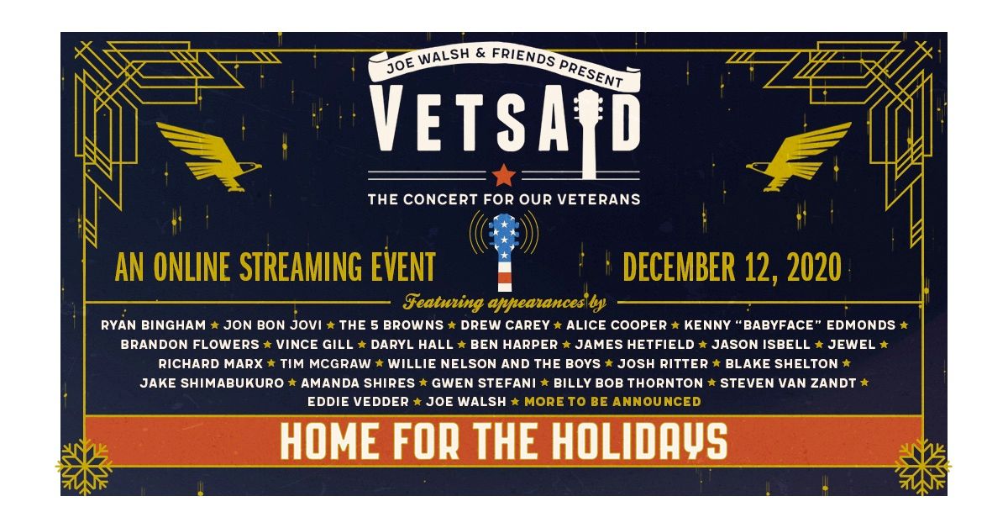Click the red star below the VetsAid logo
[503, 175]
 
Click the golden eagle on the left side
[209, 156]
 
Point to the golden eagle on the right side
[799, 156]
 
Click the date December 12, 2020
[732, 267]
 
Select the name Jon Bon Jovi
[273, 325]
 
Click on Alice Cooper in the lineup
[617, 325]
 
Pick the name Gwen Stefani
[484, 383]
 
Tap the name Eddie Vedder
[358, 401]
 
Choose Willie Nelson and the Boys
[494, 363]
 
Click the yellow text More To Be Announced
[612, 401]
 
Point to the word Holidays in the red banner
[639, 441]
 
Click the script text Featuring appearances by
[505, 303]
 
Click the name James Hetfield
[634, 345]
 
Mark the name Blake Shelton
[782, 363]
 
